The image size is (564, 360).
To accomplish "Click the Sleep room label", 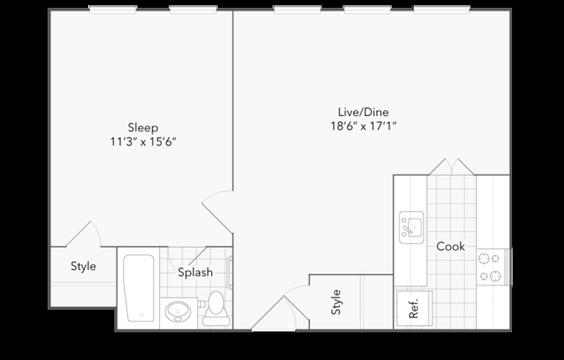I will coord(144,127).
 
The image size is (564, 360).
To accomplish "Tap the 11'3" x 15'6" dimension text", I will coord(144,141).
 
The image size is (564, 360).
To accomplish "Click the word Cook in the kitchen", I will coord(450,247).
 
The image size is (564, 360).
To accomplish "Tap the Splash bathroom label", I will coord(195,273).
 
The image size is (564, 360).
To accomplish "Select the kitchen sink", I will coord(411,228).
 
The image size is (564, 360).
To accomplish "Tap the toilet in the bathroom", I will coord(215,309).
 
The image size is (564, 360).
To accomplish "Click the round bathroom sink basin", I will coord(179,310).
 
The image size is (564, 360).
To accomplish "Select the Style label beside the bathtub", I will coord(83,267).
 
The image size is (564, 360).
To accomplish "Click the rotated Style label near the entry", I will coord(336,303).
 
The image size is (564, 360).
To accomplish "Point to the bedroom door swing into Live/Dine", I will coord(216,208).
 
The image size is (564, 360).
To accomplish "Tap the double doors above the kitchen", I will coord(452,166).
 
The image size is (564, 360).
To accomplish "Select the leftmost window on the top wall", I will coord(112,10).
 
